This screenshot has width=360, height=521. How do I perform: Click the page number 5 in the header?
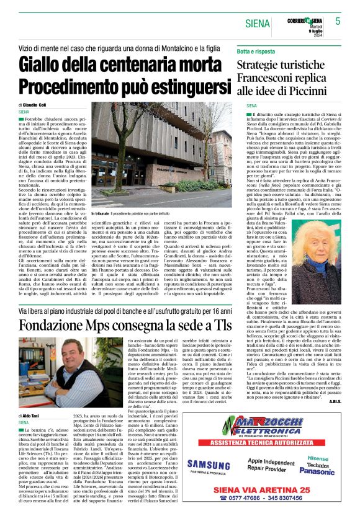(x=338, y=21)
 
